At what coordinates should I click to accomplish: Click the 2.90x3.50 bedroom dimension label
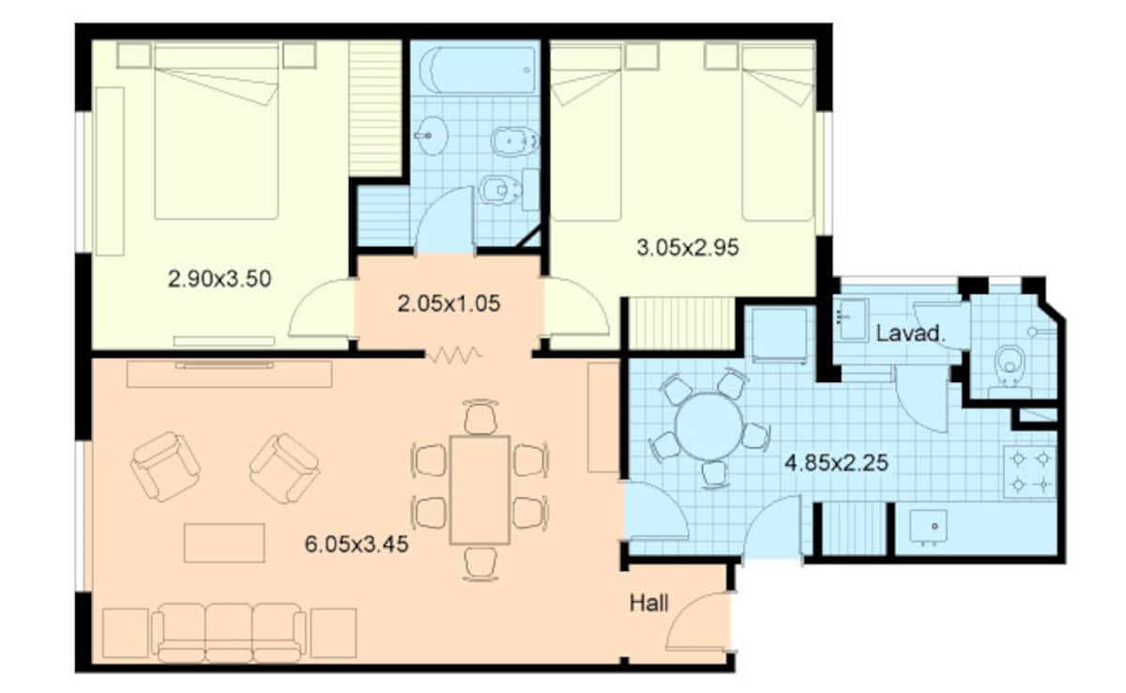(220, 279)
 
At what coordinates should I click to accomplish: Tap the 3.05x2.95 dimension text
(688, 248)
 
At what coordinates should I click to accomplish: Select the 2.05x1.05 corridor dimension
(449, 303)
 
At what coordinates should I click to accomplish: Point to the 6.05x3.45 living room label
(357, 545)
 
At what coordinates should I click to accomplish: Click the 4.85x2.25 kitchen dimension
(836, 463)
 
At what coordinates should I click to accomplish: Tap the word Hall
(649, 604)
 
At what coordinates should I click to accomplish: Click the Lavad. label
(910, 333)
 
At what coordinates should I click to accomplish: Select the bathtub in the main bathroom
(477, 69)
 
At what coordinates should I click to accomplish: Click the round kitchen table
(708, 427)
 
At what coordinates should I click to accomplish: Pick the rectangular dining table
(480, 490)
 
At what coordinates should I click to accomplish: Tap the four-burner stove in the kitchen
(1030, 472)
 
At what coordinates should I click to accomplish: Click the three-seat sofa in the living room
(229, 633)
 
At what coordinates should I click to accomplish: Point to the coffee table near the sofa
(224, 543)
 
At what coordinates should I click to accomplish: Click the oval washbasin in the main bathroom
(431, 136)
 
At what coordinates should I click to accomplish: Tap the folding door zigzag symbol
(454, 355)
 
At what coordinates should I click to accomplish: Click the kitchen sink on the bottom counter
(928, 527)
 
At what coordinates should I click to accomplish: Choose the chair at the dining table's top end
(480, 416)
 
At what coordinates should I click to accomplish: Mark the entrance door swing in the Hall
(698, 623)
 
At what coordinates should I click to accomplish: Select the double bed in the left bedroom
(217, 131)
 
